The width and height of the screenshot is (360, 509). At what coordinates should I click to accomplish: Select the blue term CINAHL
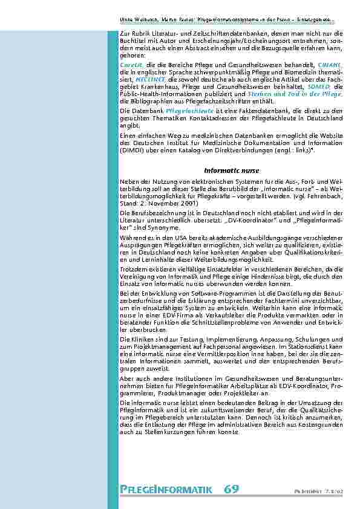pyautogui.click(x=330, y=64)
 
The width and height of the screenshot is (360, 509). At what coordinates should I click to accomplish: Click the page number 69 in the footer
pyautogui.click(x=231, y=489)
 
